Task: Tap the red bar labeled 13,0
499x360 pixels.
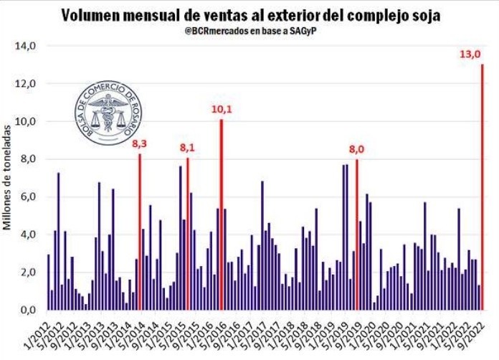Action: click(x=483, y=186)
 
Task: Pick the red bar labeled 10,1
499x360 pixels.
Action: click(x=222, y=215)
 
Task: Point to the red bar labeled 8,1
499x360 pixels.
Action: click(x=188, y=234)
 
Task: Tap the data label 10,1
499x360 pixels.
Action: click(x=222, y=109)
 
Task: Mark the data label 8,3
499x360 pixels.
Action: click(x=140, y=143)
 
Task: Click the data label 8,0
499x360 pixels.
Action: click(x=356, y=150)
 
